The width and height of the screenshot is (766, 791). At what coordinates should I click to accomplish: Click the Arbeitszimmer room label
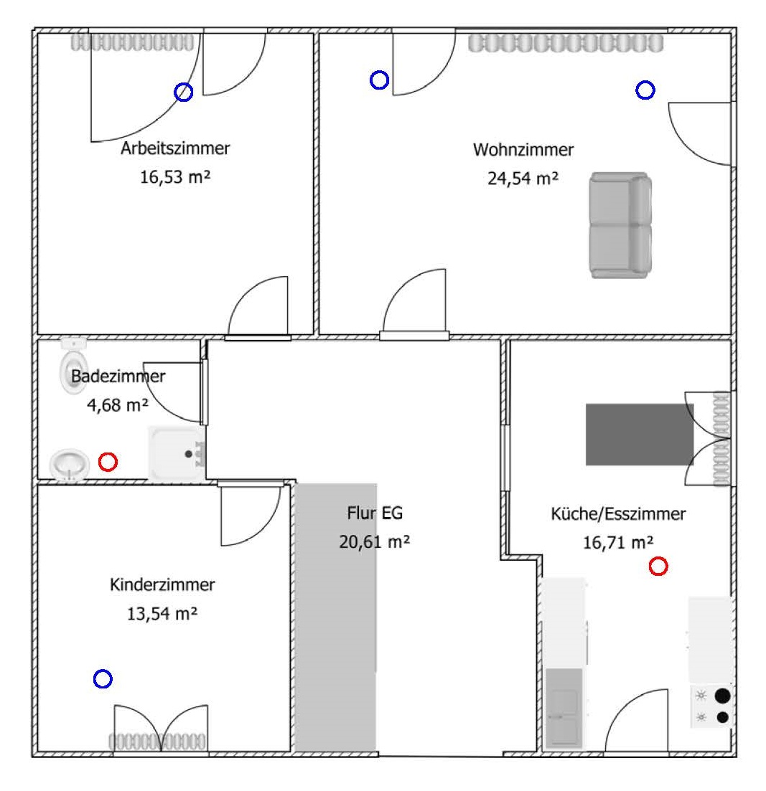tap(175, 149)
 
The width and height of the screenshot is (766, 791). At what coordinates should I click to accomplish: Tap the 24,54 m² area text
tap(523, 179)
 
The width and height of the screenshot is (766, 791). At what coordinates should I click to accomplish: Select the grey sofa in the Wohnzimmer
tap(620, 224)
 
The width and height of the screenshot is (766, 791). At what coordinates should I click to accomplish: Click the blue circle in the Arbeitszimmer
tap(184, 92)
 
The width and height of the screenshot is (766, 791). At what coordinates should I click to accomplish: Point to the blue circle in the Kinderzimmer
tap(103, 678)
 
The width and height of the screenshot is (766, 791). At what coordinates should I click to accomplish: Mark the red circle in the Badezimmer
tap(108, 462)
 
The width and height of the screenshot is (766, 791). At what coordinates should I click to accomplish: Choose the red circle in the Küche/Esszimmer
tap(658, 567)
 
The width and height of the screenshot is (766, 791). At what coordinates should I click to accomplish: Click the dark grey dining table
tap(640, 435)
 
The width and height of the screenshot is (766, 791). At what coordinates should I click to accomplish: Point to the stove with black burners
tap(712, 706)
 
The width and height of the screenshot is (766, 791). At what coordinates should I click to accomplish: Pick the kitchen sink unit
tap(564, 707)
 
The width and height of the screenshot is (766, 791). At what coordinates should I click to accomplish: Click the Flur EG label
tap(375, 513)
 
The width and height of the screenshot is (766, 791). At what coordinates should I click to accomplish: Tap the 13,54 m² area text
tap(162, 614)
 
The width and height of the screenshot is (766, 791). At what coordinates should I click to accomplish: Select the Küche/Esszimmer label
tap(618, 514)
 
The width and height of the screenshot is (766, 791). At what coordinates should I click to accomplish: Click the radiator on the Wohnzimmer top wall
tap(566, 44)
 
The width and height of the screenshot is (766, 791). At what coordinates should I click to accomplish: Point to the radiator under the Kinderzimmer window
tap(157, 742)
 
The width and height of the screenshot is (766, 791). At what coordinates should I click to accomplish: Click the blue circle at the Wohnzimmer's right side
tap(645, 90)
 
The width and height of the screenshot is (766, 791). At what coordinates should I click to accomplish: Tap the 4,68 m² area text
tap(117, 405)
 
